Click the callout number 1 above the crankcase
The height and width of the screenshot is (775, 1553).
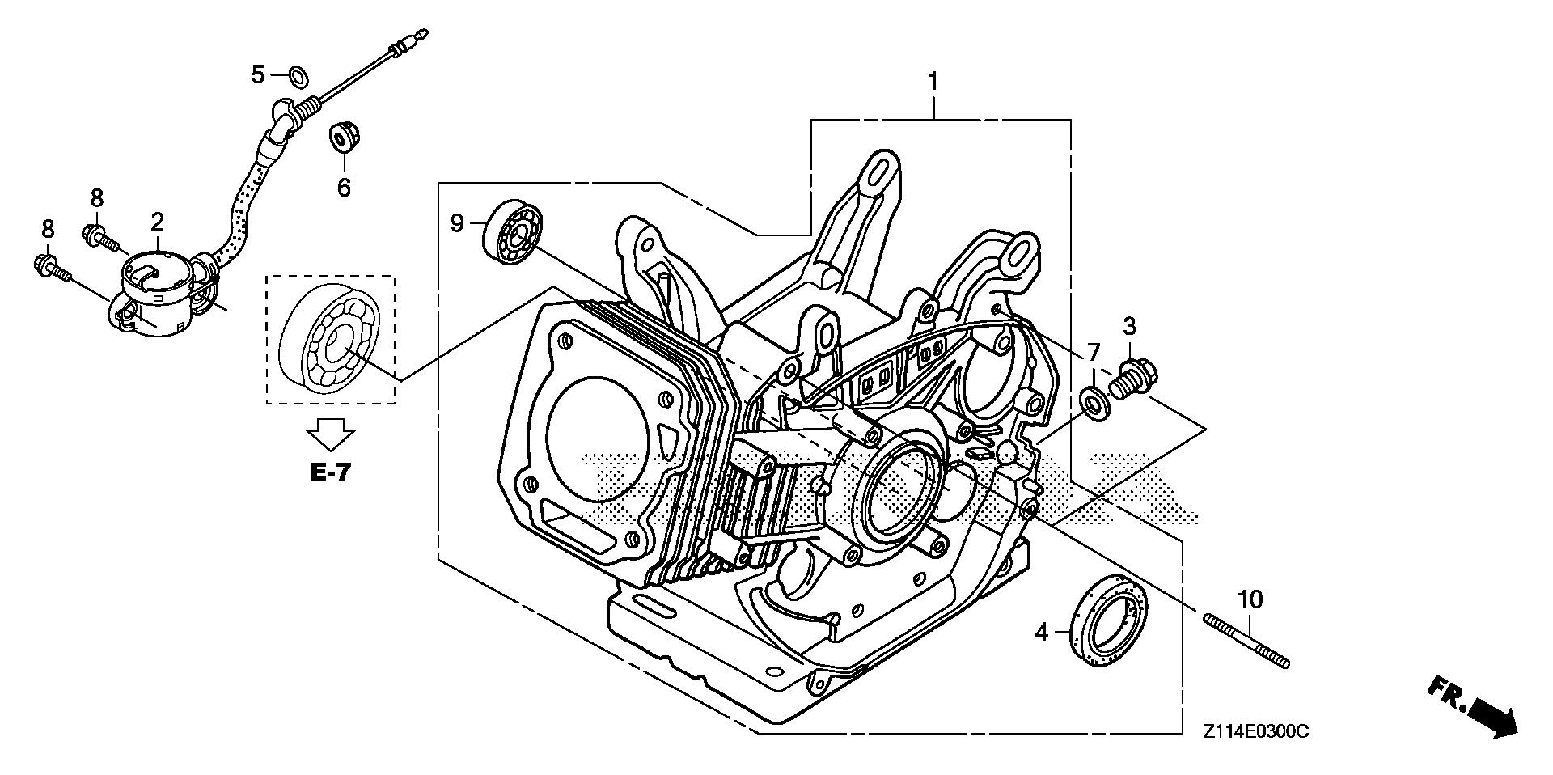[x=933, y=82]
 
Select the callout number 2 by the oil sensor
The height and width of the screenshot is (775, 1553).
[x=157, y=221]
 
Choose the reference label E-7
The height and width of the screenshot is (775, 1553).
[x=331, y=472]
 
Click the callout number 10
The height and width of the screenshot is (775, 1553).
[x=1249, y=599]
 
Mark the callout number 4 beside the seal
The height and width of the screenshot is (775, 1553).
[x=1042, y=632]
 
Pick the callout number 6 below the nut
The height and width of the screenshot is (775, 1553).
[x=344, y=188]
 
